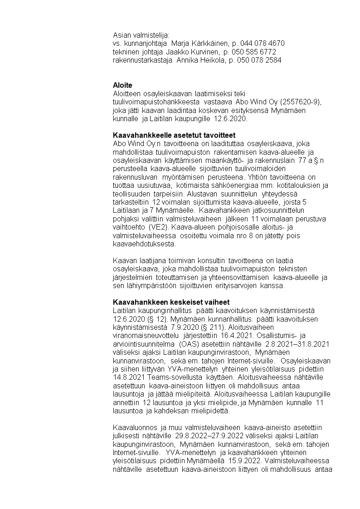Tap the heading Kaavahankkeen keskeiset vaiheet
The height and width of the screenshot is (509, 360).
click(x=171, y=302)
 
